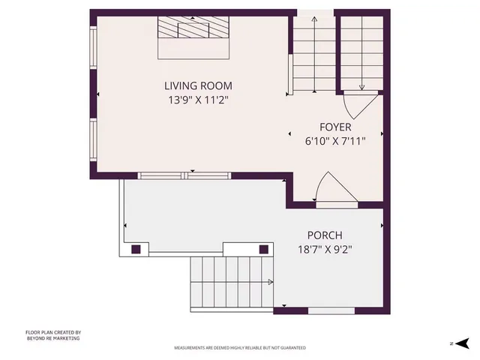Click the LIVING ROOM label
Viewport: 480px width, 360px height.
(x=198, y=85)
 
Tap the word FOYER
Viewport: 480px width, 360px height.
(x=335, y=127)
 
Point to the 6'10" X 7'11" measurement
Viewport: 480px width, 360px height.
(x=335, y=140)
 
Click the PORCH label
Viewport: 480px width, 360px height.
(x=325, y=235)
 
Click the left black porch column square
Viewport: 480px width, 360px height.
(x=136, y=249)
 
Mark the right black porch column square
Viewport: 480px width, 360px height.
(x=264, y=249)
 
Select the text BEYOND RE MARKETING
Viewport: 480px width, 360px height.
(x=52, y=338)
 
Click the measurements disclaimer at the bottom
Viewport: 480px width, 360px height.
(x=240, y=348)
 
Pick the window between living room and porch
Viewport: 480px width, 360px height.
(x=184, y=175)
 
